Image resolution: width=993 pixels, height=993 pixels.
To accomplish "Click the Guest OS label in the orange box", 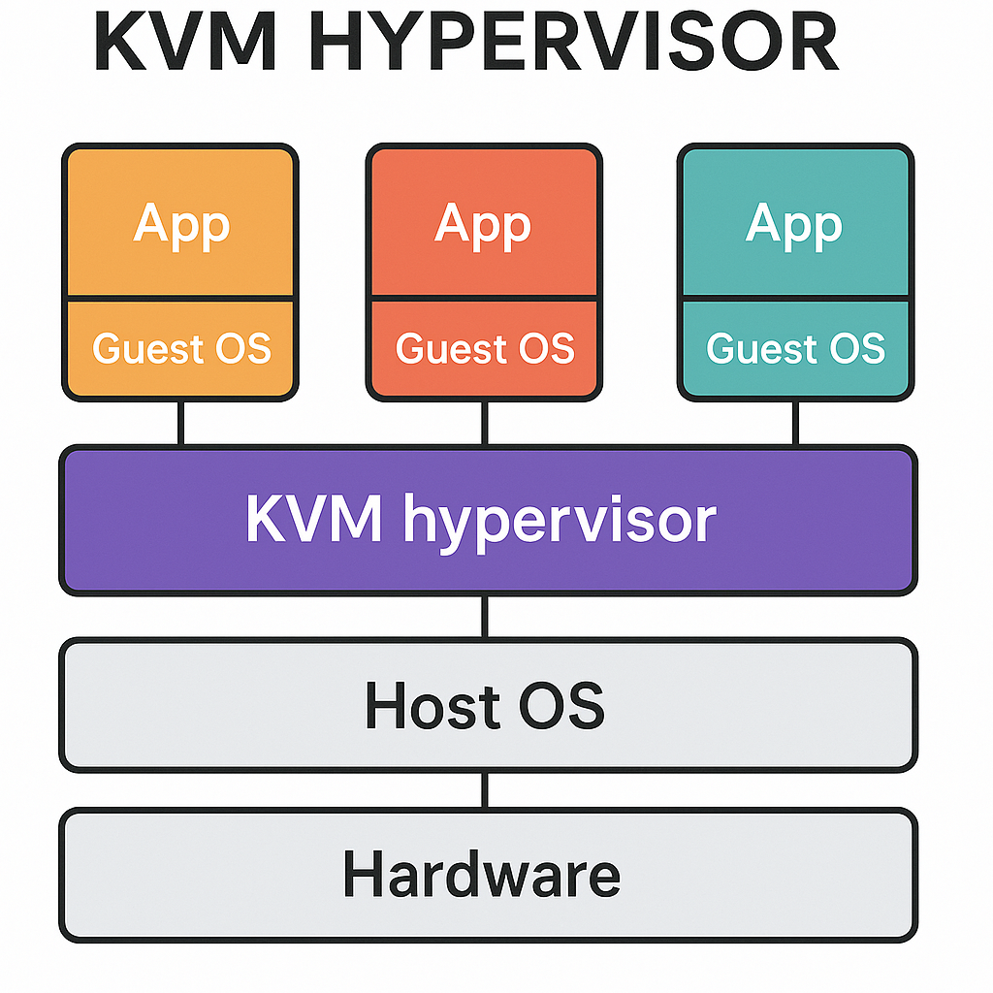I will [181, 348].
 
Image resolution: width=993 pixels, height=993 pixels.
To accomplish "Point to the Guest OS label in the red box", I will [485, 348].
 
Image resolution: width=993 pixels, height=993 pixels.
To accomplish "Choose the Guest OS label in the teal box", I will [795, 348].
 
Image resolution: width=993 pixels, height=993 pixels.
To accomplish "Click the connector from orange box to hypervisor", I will [180, 422].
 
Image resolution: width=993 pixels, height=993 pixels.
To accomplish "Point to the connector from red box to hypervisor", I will [485, 422].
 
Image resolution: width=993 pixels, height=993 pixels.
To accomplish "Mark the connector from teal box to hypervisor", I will [795, 422].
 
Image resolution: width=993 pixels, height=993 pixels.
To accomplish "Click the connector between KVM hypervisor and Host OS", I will [485, 616].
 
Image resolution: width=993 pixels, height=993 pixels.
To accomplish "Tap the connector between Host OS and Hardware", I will [485, 789].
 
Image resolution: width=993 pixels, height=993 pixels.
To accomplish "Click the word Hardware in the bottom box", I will [482, 875].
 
